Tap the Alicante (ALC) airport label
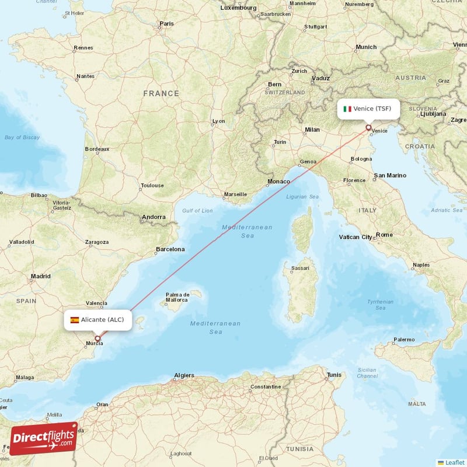(x=97, y=319)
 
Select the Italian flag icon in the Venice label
(x=347, y=109)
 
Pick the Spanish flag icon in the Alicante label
(x=75, y=320)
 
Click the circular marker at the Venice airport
(x=368, y=127)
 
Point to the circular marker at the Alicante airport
(x=97, y=338)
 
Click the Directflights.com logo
(x=44, y=438)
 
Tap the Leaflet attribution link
(x=454, y=462)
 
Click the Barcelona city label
(x=170, y=249)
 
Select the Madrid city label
(x=41, y=276)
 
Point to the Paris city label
(x=166, y=24)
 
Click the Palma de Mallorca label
(x=177, y=298)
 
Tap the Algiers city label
(x=185, y=375)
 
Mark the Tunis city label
(x=334, y=375)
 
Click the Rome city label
(x=384, y=235)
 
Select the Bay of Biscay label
(x=22, y=137)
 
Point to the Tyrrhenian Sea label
(x=380, y=304)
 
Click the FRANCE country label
(x=161, y=93)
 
